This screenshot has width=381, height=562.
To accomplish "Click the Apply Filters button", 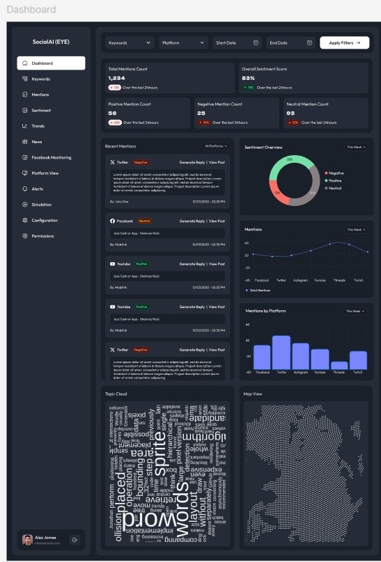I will coord(344,42).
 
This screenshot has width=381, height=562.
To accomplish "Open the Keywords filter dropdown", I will coord(130,42).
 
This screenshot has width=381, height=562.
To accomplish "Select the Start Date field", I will coord(237,42).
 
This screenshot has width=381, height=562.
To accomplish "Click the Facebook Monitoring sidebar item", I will coord(51,157).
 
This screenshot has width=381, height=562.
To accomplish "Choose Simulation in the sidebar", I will coord(41,204).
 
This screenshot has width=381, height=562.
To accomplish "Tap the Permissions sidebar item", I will coord(42,236).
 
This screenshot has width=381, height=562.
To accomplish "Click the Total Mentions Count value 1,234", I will coord(116,78).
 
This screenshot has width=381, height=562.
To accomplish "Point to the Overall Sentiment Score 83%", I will coord(248,78).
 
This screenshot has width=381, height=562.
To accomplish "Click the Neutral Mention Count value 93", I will coord(290,113).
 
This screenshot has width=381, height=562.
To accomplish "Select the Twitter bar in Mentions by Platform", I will coord(281,352).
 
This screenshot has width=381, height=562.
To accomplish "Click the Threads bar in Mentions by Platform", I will coord(339,364).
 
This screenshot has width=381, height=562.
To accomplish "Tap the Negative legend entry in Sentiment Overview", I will coord(336,172).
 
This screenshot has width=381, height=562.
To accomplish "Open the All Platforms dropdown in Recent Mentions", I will coord(215,146).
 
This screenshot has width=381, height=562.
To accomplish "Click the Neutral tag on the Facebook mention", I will coord(144,220).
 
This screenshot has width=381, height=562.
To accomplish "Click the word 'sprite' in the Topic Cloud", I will coord(161,456).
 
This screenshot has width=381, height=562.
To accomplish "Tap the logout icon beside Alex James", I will coord(75,539).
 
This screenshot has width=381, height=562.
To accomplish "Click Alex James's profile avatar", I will coord(27,539).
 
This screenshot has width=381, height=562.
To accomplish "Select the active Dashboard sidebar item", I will coord(51,63).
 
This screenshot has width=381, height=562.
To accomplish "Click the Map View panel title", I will coord(252,394).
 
